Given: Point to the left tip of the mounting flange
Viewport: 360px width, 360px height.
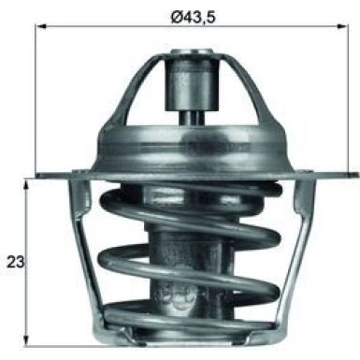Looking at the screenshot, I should click(40, 174).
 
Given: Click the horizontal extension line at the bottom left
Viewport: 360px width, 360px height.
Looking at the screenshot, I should click(56, 329).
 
